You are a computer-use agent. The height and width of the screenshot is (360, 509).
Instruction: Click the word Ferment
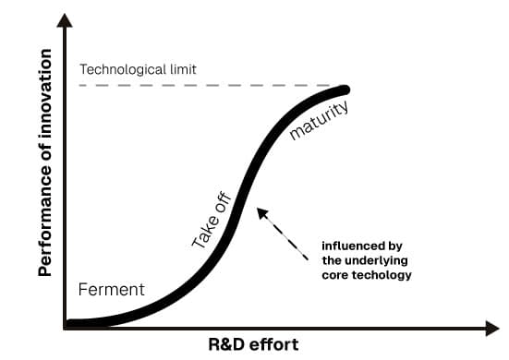coord(110,290)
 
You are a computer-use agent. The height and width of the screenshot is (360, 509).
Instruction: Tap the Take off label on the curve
coord(212,222)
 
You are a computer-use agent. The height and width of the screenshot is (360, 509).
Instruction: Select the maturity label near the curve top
coord(319,121)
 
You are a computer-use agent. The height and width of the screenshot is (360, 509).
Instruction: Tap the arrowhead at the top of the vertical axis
coord(66,20)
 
